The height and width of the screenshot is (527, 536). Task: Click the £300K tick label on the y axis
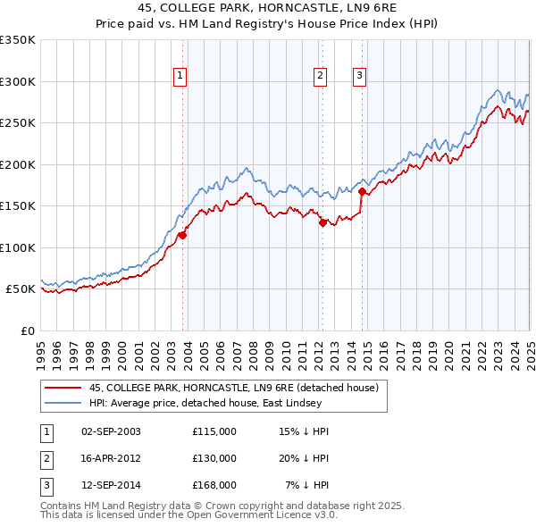(18, 81)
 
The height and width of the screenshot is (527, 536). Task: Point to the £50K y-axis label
(21, 289)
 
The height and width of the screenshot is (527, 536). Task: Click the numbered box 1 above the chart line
(180, 77)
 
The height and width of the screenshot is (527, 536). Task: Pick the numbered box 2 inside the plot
(320, 77)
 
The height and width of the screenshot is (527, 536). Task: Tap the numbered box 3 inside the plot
(359, 77)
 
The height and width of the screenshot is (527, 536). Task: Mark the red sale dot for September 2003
(182, 236)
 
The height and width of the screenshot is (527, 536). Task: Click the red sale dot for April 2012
(322, 223)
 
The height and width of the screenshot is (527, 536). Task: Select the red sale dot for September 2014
(362, 191)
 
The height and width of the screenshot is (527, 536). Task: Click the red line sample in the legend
(62, 388)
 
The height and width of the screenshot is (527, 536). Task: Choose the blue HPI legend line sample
(62, 403)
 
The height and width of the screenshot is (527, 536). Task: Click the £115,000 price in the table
(214, 431)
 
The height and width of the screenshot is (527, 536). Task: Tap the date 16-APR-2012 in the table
(111, 458)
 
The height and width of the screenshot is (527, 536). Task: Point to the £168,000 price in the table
(214, 485)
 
